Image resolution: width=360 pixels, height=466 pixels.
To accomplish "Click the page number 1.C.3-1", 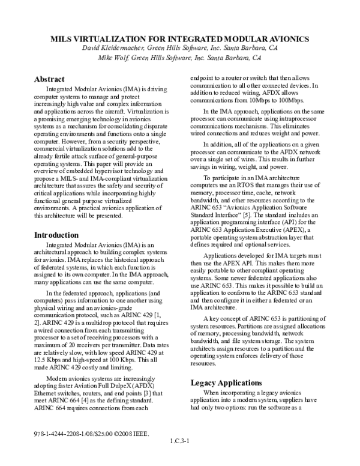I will (x=179, y=456).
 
